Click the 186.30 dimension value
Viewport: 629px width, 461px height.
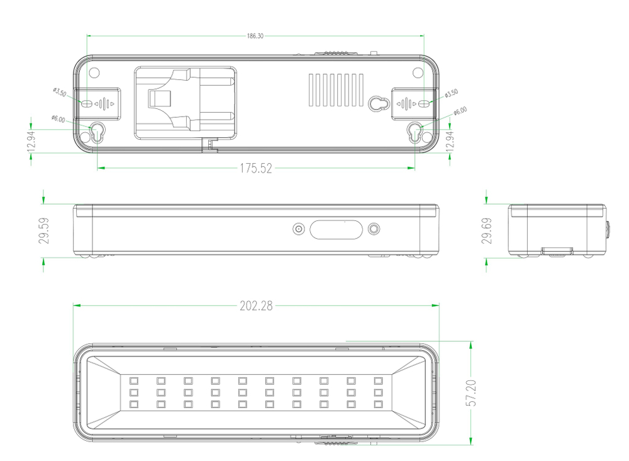255,36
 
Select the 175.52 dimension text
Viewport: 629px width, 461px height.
255,168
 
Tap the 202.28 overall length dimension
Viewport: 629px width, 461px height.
256,306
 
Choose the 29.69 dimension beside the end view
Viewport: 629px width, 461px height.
486,230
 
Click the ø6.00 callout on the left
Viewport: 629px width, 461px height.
58,118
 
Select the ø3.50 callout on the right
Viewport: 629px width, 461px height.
451,94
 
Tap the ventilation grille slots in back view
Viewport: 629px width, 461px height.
337,89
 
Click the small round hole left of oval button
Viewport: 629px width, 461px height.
299,229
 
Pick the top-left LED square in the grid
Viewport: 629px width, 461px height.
133,380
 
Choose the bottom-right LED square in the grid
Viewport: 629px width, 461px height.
378,404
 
